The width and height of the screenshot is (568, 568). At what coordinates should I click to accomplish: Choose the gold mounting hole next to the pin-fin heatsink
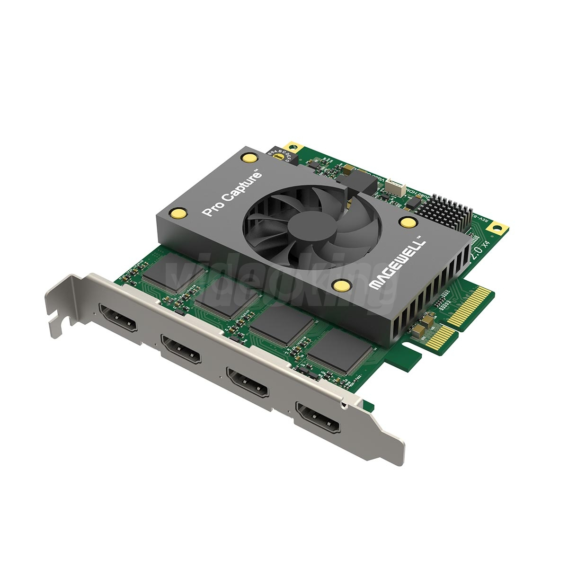497,229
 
